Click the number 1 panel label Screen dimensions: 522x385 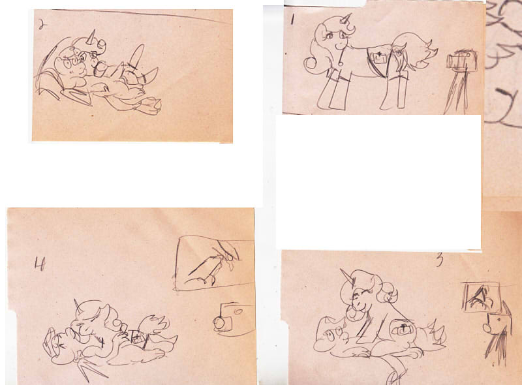tap(292, 20)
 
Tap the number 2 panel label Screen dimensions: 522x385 tap(40, 25)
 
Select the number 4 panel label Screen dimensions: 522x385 tap(39, 264)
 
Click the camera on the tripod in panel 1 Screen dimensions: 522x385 tap(462, 60)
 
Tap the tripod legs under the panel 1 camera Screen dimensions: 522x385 tap(456, 92)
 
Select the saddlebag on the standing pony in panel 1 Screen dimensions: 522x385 tap(378, 59)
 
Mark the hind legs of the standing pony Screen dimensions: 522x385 tap(395, 91)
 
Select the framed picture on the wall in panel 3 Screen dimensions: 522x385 tap(482, 297)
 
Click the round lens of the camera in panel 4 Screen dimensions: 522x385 tap(219, 322)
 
